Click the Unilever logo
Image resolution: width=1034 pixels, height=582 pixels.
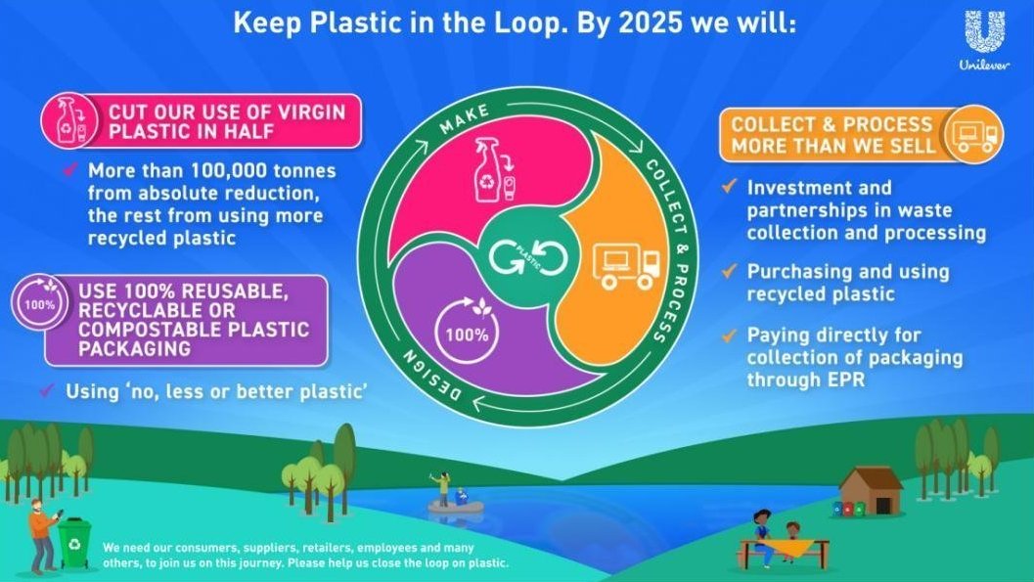tap(984, 39)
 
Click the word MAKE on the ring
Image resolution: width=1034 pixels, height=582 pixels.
tap(465, 118)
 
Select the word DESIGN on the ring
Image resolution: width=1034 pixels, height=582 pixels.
tap(432, 375)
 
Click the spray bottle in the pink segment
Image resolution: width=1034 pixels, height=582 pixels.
tap(486, 169)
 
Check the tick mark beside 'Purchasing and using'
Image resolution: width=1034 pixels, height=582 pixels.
tap(729, 271)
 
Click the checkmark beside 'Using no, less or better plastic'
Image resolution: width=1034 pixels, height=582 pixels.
tap(46, 390)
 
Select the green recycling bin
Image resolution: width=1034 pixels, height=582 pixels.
tap(74, 542)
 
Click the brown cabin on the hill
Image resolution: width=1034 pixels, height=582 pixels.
tap(871, 491)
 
